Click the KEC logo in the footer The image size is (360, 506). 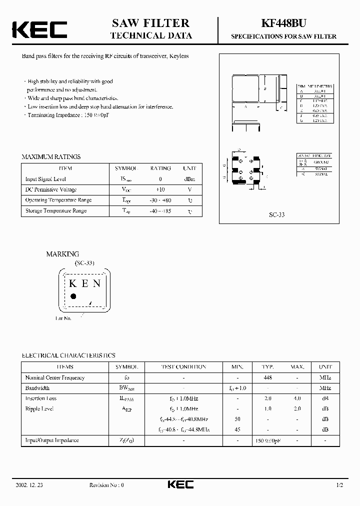179,484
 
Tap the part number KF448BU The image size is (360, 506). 283,23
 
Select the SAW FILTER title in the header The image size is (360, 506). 150,23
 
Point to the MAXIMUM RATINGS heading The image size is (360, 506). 50,156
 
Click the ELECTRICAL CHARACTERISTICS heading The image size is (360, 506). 68,355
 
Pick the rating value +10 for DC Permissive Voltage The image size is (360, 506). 160,189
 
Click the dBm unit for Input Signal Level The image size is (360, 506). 189,179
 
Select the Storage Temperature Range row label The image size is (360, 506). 56,210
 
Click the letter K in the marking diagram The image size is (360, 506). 72,283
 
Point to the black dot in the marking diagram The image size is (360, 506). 73,296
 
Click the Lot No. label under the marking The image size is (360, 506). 63,318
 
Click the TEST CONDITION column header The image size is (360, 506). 183,366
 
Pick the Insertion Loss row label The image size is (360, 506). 41,398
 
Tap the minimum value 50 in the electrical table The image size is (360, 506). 237,419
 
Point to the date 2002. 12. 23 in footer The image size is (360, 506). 29,485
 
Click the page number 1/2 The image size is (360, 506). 340,485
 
